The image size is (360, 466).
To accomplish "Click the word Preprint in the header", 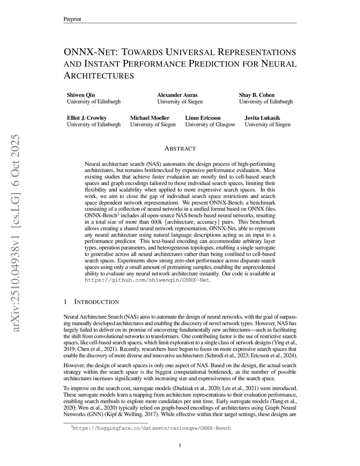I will (72, 19).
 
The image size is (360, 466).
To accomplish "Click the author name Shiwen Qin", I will (81, 95).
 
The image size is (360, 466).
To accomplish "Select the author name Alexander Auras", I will (177, 95).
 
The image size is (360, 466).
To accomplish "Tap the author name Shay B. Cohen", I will (257, 95).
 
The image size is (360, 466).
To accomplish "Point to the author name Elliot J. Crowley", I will (87, 118).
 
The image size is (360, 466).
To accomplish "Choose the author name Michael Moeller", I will (150, 118).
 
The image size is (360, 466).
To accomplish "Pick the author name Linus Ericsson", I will (203, 118).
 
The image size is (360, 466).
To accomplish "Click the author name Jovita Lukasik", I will (262, 118).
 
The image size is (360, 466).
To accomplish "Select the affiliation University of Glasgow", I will (210, 125).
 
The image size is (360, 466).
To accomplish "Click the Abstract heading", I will (180, 148).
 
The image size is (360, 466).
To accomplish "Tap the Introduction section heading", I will (96, 302).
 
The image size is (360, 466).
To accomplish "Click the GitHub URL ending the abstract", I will (148, 280).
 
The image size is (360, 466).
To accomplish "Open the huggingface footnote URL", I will (152, 428).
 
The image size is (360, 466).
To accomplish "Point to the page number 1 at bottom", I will (180, 446).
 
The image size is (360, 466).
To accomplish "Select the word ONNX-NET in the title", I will (91, 52).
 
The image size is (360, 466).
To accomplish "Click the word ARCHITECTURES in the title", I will (99, 76).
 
